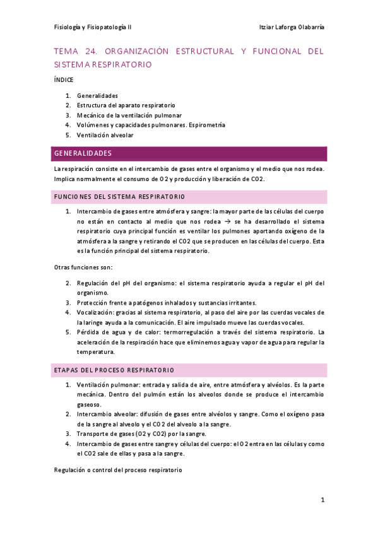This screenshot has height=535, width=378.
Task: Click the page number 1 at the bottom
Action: (322, 500)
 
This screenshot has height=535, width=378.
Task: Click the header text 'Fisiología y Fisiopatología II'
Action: (93, 28)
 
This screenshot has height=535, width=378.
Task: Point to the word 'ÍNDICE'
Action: (64, 80)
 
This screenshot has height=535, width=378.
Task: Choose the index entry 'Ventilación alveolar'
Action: (105, 135)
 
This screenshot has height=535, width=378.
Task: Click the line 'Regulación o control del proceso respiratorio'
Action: (118, 470)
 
